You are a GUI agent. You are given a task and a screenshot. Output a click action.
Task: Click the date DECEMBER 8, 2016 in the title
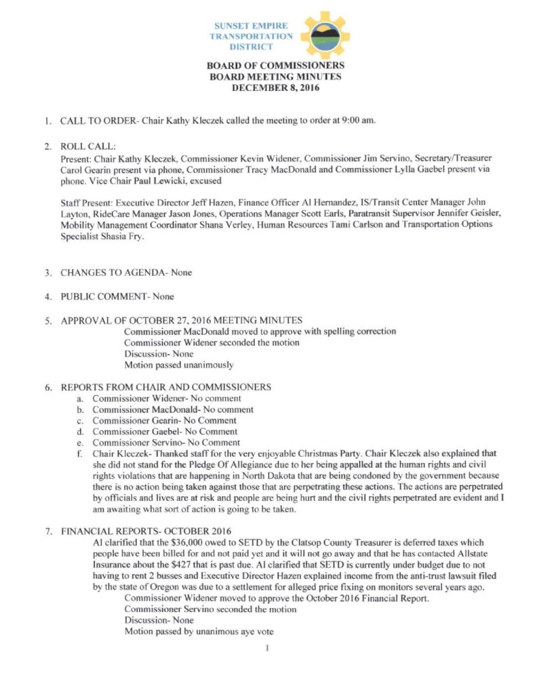(x=275, y=87)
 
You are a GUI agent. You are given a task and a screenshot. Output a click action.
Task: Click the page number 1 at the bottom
(x=268, y=649)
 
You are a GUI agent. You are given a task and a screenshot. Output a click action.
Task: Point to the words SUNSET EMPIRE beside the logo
(x=251, y=26)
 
